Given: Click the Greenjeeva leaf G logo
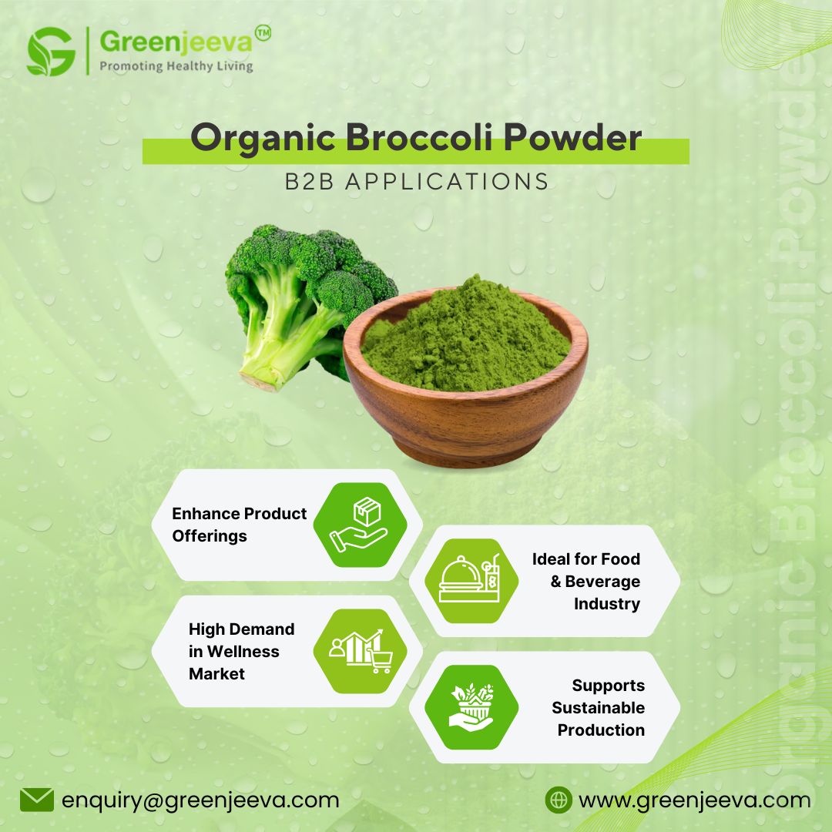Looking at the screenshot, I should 51,52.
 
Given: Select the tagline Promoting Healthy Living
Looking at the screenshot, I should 176,66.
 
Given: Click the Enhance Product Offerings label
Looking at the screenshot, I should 239,525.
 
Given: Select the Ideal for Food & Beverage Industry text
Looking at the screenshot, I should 589,582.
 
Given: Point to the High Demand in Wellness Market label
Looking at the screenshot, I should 241,652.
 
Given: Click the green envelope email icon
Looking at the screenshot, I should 36,800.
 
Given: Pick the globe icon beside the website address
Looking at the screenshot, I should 558,800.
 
